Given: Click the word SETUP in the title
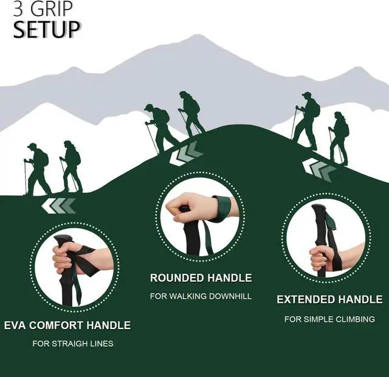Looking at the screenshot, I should (47, 29).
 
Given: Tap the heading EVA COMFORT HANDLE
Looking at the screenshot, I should (67, 325).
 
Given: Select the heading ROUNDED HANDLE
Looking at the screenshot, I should (201, 278).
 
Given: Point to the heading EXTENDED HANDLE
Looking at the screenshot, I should (329, 299).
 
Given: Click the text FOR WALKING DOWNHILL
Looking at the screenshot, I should (201, 296).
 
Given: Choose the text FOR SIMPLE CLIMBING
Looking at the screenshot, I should (329, 319).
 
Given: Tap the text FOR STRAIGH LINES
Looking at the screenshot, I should (73, 344).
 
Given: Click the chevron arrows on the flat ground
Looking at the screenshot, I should (59, 206).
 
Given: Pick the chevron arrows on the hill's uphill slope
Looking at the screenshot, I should (186, 154).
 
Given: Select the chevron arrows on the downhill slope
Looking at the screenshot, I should (319, 169).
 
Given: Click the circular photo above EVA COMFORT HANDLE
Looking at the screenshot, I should (74, 267).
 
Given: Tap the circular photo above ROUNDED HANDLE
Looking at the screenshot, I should (201, 217).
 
